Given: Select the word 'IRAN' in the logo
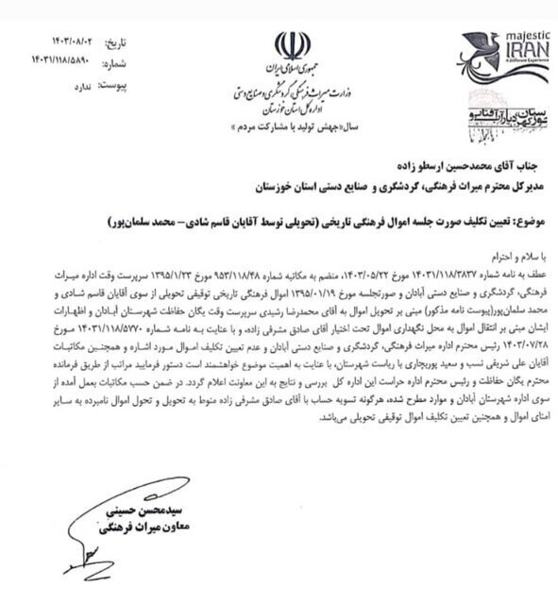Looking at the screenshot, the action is click(518, 52).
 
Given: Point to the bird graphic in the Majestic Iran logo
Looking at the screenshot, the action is click(478, 53).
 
